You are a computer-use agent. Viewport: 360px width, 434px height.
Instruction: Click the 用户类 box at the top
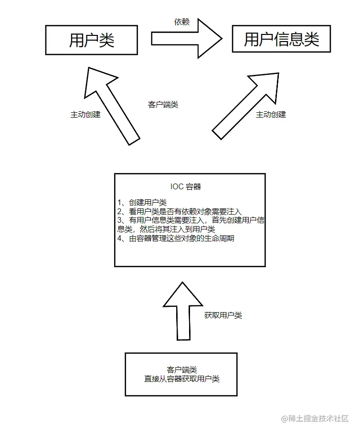tap(92, 40)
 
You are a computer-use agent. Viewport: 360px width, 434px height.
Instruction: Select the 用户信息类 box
tap(281, 39)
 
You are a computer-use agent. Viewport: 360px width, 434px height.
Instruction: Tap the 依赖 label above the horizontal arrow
tap(181, 22)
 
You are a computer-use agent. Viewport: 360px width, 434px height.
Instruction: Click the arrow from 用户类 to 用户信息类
tap(186, 38)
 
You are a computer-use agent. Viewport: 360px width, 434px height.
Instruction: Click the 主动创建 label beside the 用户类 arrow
tap(85, 115)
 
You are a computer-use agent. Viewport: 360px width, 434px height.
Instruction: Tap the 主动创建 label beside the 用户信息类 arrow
tap(271, 115)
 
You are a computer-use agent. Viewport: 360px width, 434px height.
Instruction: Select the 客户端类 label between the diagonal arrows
tap(163, 105)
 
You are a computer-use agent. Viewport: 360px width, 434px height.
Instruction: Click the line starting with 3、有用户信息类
tap(191, 221)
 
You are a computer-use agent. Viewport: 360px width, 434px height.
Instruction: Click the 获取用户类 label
tap(223, 315)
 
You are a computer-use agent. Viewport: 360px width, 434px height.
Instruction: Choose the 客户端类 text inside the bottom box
tap(181, 370)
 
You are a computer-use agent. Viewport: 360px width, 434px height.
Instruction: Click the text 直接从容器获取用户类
tap(181, 379)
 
